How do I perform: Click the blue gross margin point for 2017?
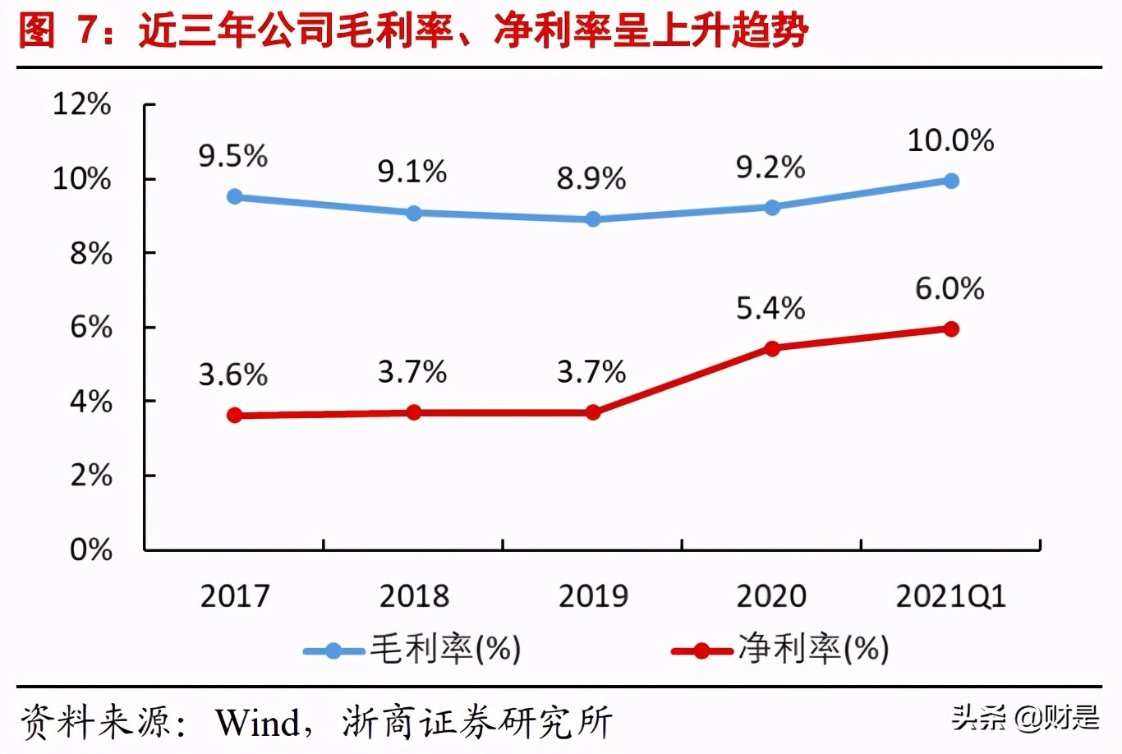235,196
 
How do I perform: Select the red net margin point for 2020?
772,348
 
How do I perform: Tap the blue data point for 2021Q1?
951,181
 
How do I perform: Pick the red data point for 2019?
593,412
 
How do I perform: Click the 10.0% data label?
950,140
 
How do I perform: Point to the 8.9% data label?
591,178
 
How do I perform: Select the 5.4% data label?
770,309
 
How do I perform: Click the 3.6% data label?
233,375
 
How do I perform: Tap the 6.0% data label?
950,289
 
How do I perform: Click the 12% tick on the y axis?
82,104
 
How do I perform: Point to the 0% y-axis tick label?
90,549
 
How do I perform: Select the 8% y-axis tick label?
90,254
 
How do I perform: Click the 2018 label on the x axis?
414,596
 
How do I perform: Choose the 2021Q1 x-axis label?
950,596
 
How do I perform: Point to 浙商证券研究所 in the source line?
477,723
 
